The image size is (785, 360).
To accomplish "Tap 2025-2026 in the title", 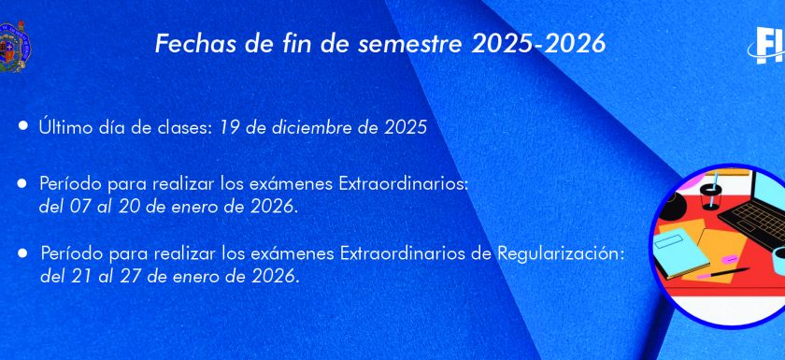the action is pos(538,44).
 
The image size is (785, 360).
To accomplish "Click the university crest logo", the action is pos(15,47).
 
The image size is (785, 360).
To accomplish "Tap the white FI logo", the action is pos(768,45).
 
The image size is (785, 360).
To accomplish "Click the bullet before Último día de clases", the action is pos(23,125).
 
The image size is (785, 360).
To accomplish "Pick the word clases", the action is pos(181,128).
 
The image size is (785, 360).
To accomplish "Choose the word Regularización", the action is pos(562,254).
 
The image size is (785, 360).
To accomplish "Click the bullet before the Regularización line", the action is pos(22,253).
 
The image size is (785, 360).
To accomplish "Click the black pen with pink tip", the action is pos(723,273).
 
